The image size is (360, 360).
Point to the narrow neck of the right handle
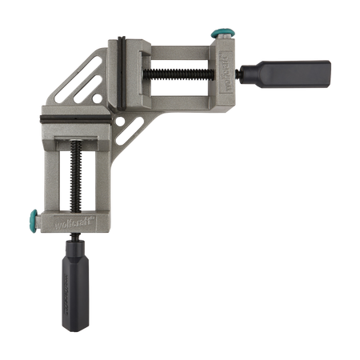click(248, 73)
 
